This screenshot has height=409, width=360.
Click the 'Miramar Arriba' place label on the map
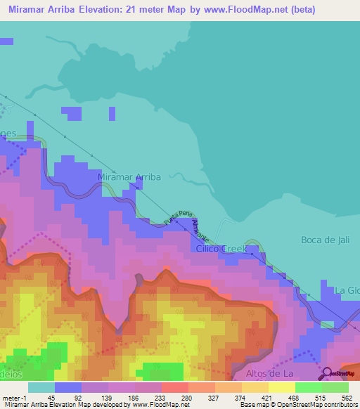(x=129, y=177)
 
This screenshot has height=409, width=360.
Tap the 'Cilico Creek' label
(x=221, y=249)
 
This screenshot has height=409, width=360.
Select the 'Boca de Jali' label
(x=325, y=240)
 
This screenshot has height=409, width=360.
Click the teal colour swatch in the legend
(x=41, y=387)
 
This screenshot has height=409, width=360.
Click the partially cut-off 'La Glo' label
(x=347, y=290)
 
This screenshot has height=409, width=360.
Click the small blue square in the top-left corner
(x=6, y=41)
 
